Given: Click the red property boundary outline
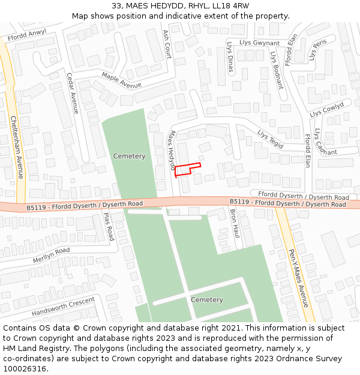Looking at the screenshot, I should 187,169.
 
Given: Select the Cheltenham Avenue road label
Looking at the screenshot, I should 16,147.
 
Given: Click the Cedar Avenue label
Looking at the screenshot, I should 72,94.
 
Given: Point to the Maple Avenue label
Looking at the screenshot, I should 121,80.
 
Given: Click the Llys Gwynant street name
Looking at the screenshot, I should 259,43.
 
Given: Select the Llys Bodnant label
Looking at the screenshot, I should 276,70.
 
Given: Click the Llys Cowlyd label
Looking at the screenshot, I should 326,109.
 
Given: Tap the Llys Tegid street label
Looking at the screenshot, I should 270,139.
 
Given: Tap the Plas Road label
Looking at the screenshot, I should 109,226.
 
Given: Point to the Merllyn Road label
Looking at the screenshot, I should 51,254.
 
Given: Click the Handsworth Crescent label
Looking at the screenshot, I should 63,307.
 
